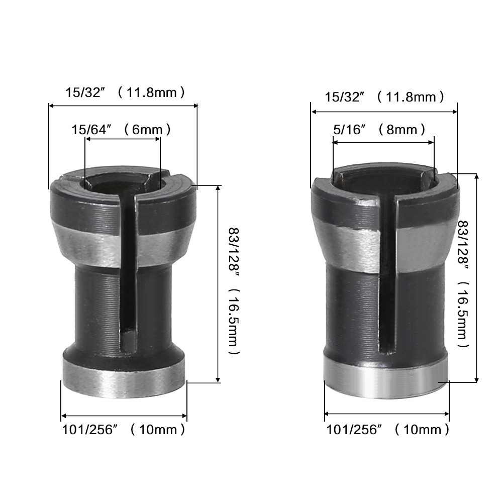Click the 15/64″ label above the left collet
point(91,130)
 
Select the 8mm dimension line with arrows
point(383,142)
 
